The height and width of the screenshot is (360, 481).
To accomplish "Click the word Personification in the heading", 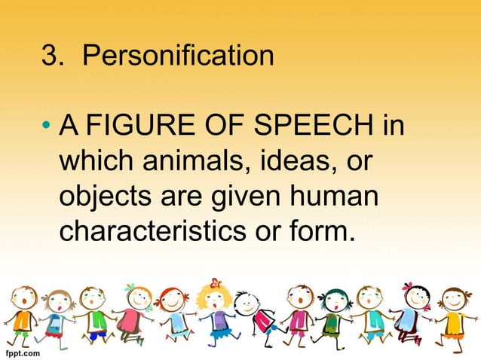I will (179, 56).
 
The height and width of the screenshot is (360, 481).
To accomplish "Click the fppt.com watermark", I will (23, 351).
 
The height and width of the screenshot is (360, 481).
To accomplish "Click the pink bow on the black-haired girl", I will (409, 287).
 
